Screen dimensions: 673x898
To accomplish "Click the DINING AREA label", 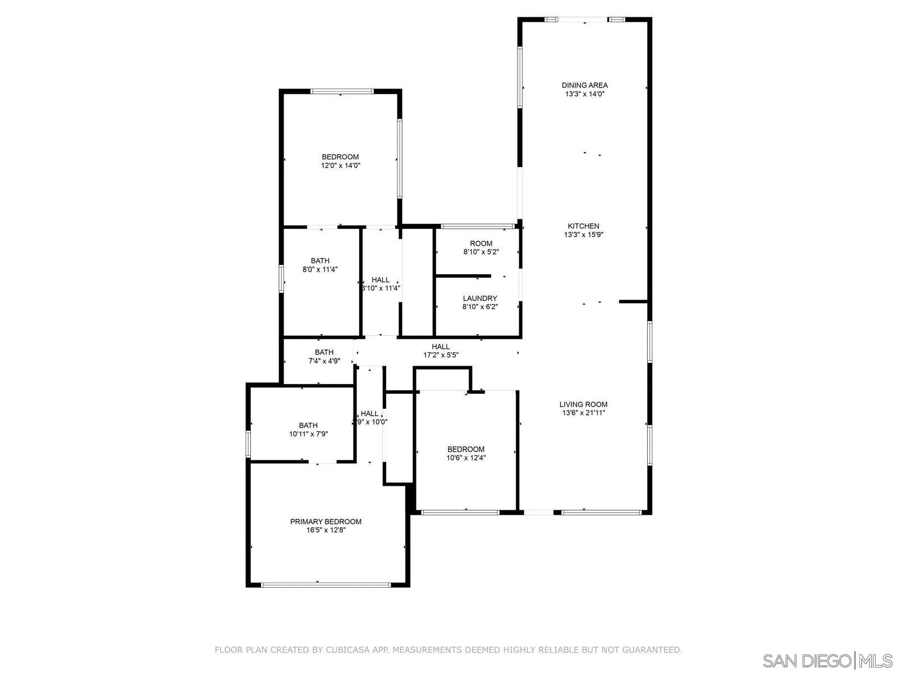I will click(584, 85).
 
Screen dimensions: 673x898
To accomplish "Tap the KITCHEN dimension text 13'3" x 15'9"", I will click(583, 235).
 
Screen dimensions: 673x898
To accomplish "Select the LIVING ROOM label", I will click(583, 404).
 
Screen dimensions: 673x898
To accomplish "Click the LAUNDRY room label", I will click(480, 298).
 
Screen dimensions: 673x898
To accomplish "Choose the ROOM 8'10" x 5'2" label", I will click(481, 243).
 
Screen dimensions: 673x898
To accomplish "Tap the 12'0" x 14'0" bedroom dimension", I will click(340, 165).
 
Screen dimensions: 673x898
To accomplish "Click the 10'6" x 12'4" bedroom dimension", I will click(466, 458).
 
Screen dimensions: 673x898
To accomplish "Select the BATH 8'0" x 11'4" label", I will click(320, 261).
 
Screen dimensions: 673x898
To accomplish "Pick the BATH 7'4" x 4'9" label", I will click(324, 352).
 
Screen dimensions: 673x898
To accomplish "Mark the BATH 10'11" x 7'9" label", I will click(308, 426).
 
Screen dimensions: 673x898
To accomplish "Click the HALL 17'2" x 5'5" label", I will click(441, 347).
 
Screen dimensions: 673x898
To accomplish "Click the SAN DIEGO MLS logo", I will click(828, 660).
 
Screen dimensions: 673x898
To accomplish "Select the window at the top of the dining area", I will click(584, 20).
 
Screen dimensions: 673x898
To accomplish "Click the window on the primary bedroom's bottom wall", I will click(326, 585).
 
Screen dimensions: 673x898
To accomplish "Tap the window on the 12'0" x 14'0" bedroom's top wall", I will click(342, 91).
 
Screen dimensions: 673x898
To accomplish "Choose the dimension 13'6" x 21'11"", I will click(583, 413).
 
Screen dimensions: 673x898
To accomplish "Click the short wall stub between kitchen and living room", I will click(634, 302).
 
